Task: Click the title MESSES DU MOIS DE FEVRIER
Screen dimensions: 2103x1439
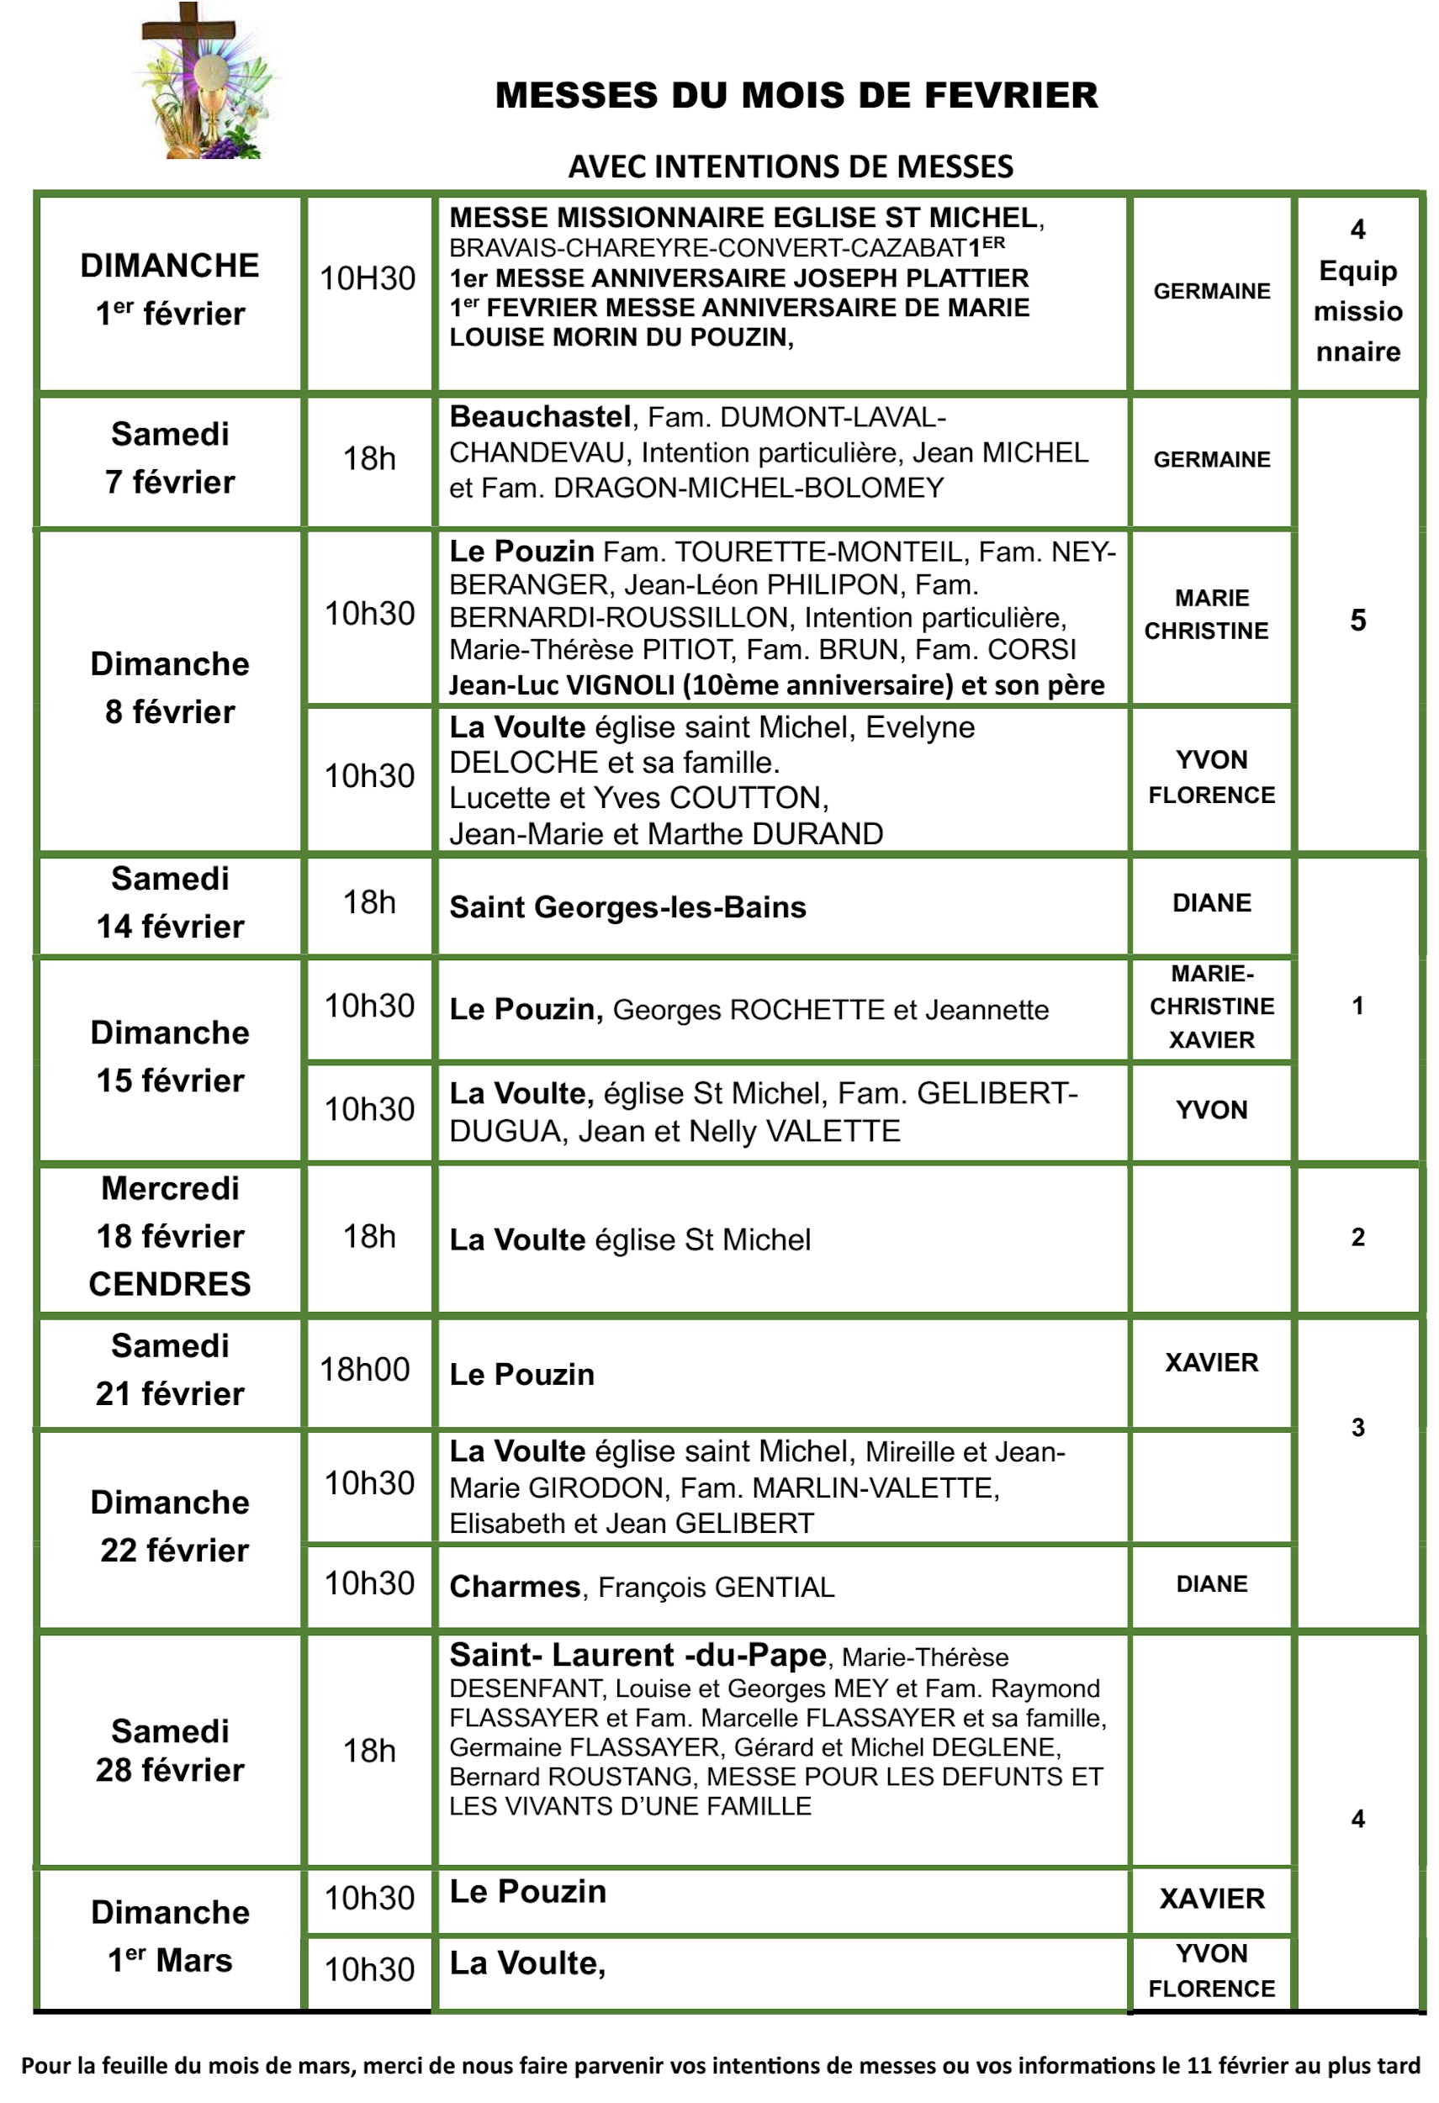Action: [x=796, y=96]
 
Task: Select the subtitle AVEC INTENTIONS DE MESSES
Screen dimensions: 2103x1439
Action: [x=790, y=167]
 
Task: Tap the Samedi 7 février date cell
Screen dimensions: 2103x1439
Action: [x=170, y=459]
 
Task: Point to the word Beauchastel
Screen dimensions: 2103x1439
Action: [x=539, y=417]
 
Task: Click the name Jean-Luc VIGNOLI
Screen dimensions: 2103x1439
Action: [x=561, y=685]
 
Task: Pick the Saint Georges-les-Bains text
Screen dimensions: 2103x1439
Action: [x=627, y=906]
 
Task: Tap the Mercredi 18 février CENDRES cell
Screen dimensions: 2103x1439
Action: [x=170, y=1236]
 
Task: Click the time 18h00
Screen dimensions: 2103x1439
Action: [x=365, y=1370]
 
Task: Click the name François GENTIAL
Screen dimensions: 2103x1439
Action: [x=716, y=1588]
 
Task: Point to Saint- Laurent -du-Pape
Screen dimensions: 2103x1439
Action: [x=637, y=1655]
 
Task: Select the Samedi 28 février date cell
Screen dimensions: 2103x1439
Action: [x=170, y=1751]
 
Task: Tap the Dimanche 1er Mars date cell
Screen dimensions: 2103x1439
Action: [x=170, y=1937]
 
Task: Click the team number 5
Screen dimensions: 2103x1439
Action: [x=1357, y=621]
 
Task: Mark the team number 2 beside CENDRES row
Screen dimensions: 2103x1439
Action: [x=1357, y=1237]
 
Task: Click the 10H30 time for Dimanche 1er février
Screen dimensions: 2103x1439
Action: [x=368, y=278]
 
